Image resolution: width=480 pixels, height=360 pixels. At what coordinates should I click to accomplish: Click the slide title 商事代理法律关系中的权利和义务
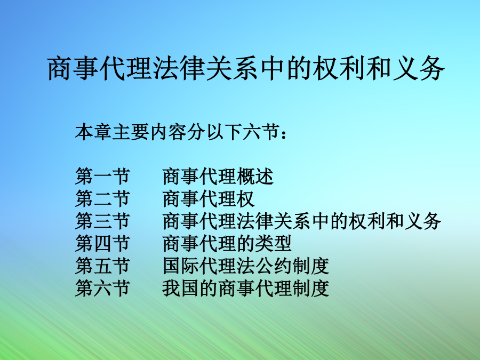tap(246, 68)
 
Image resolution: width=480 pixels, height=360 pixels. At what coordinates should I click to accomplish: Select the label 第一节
tap(102, 177)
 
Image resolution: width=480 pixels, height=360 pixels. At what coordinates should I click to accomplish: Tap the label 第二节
tap(102, 199)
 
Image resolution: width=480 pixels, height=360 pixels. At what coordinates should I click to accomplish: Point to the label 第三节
tap(102, 221)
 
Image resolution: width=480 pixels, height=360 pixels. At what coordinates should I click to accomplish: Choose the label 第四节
tap(102, 243)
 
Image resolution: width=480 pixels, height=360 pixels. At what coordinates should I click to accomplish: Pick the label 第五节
tap(102, 266)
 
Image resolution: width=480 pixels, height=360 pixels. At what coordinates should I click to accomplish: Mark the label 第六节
tap(102, 288)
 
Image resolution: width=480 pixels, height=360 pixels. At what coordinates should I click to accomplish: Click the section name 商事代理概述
tap(218, 177)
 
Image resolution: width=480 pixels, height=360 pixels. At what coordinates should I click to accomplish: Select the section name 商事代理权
tap(209, 199)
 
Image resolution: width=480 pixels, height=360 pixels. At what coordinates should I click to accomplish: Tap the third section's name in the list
tap(302, 221)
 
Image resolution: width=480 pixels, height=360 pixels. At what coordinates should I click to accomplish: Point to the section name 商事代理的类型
tap(227, 243)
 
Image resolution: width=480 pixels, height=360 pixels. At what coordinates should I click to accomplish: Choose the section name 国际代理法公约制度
tap(246, 266)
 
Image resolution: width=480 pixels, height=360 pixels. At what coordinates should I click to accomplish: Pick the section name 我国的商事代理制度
tap(246, 288)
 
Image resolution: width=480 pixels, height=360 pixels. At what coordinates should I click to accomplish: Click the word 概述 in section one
tap(255, 177)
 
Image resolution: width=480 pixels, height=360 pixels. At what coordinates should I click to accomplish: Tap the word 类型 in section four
tap(274, 243)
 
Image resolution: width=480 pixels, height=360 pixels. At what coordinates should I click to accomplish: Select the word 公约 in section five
tap(274, 266)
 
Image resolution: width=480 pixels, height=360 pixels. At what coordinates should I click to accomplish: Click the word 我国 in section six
tap(181, 288)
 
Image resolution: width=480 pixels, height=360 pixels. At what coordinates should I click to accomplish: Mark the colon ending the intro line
tap(284, 134)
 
